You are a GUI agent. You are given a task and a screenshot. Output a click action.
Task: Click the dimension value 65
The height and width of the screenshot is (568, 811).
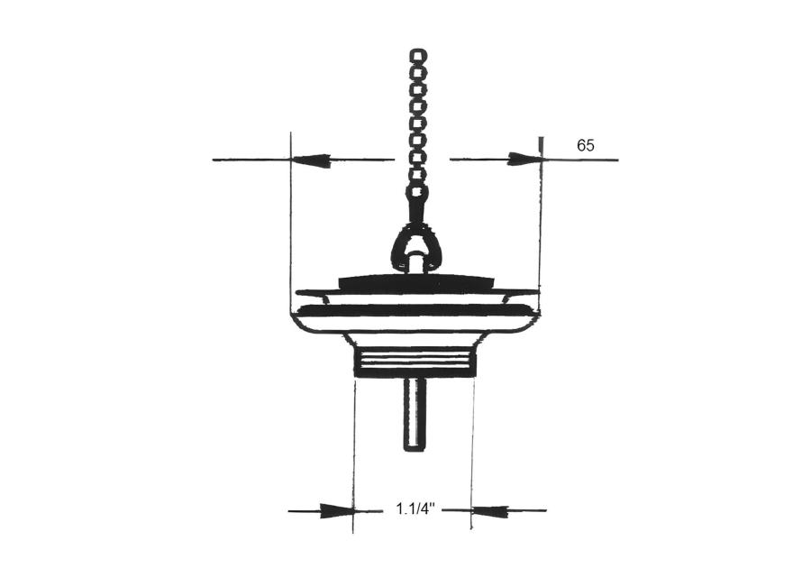click(586, 145)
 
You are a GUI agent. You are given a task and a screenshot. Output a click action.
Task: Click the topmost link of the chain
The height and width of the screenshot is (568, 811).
click(418, 55)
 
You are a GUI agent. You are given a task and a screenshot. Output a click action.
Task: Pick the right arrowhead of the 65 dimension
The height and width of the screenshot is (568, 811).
click(524, 160)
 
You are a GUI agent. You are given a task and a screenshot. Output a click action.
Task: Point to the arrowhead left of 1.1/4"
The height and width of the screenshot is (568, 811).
click(337, 510)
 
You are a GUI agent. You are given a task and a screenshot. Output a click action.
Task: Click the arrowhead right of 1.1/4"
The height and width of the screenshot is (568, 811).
click(489, 510)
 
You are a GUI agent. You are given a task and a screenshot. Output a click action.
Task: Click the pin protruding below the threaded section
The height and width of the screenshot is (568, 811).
click(415, 414)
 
